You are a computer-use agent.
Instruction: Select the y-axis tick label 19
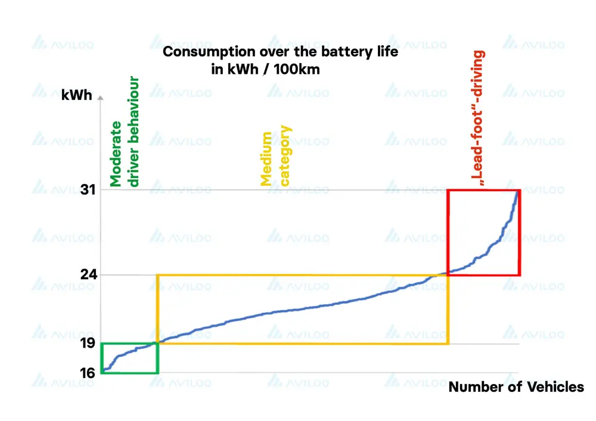[88, 344]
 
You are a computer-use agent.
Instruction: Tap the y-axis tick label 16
[88, 373]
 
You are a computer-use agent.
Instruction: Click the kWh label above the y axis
[77, 95]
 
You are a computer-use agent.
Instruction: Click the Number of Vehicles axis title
[516, 387]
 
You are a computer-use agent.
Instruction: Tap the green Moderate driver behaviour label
[125, 132]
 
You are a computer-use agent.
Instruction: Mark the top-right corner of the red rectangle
[520, 190]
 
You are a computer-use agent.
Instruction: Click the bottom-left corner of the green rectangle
[102, 373]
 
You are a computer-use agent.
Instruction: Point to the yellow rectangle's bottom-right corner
[448, 343]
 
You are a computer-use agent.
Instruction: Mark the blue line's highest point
[517, 191]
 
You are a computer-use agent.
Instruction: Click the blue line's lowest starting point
[103, 372]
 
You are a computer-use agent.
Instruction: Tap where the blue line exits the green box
[158, 342]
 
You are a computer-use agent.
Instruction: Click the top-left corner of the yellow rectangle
[157, 275]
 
